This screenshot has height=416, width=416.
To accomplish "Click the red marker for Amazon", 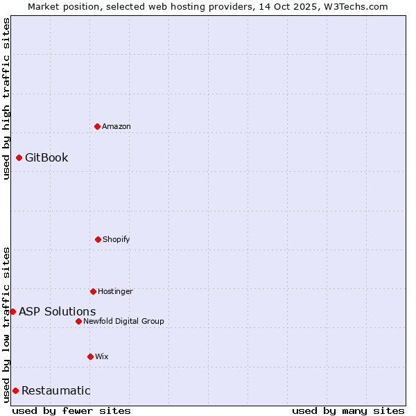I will click(x=97, y=126).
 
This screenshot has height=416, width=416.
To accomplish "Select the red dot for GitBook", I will click(x=19, y=157).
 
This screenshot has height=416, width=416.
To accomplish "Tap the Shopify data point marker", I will click(x=98, y=239).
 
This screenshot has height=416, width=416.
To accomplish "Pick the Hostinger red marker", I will click(x=93, y=291).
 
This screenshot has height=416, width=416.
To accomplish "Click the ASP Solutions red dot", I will click(x=12, y=311).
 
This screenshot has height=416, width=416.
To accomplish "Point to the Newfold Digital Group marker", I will click(x=78, y=321).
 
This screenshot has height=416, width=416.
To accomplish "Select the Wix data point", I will click(x=90, y=356).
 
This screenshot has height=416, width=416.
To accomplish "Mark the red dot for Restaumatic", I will click(x=15, y=390).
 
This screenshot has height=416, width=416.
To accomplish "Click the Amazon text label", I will click(x=116, y=126).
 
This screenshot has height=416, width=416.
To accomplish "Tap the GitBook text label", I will click(x=46, y=157).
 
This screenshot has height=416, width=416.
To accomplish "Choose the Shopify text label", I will click(x=116, y=239).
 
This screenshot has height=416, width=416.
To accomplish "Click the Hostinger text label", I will click(x=115, y=291).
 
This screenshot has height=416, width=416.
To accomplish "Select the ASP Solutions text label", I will click(x=58, y=311).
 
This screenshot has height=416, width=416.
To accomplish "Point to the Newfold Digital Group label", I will click(x=123, y=321).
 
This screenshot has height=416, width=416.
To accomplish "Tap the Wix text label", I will click(x=102, y=356).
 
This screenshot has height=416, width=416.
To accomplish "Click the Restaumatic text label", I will click(x=56, y=390).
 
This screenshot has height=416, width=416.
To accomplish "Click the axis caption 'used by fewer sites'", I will click(x=71, y=410).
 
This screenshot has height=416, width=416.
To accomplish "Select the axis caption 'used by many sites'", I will click(x=348, y=410).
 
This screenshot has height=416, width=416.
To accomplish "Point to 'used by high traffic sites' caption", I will click(x=6, y=98).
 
